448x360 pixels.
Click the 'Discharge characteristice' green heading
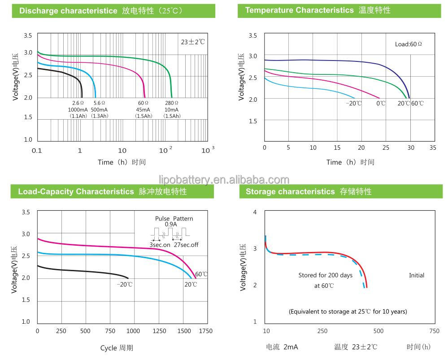click(68, 11)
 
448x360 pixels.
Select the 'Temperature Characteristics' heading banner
click(299, 10)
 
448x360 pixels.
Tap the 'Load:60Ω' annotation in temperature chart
click(408, 44)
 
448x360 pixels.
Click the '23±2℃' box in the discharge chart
click(192, 42)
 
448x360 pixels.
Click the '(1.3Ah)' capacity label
click(100, 116)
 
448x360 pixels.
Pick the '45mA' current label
click(143, 110)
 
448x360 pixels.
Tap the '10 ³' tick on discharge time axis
click(207, 150)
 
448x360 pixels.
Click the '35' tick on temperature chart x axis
click(432, 147)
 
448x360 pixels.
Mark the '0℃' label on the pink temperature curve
click(381, 104)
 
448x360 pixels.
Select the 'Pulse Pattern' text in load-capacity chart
click(174, 218)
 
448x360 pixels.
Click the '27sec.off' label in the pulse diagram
click(186, 245)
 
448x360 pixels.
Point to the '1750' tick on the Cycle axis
click(206, 331)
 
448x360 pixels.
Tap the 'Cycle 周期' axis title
click(117, 347)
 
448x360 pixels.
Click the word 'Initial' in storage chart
click(416, 275)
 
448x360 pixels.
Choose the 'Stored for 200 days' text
click(325, 275)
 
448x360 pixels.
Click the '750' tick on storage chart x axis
click(434, 331)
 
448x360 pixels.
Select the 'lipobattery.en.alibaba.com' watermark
click(224, 180)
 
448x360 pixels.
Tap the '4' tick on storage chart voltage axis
click(255, 212)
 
